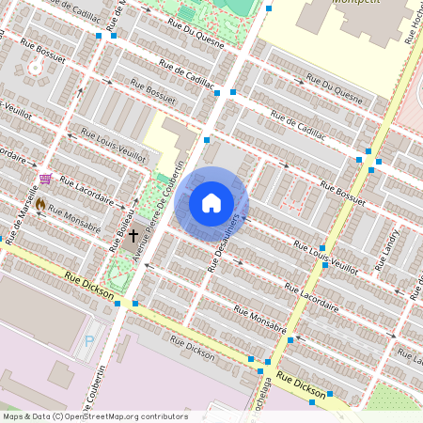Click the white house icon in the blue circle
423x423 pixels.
[211, 203]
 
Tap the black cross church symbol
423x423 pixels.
[133, 235]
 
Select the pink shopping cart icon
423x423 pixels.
[44, 178]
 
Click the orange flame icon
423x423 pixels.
[40, 204]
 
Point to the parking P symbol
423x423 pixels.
[89, 342]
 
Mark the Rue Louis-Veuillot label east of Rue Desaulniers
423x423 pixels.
[325, 257]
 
